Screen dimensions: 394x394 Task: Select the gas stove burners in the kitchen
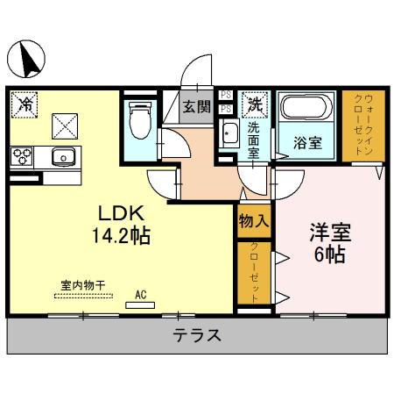coord(21,157)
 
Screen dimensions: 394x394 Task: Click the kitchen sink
coord(63,158)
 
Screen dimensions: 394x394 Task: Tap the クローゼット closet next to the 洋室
coord(254,273)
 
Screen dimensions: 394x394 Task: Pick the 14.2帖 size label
coord(119,237)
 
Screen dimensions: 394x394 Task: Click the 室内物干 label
coord(82,284)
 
